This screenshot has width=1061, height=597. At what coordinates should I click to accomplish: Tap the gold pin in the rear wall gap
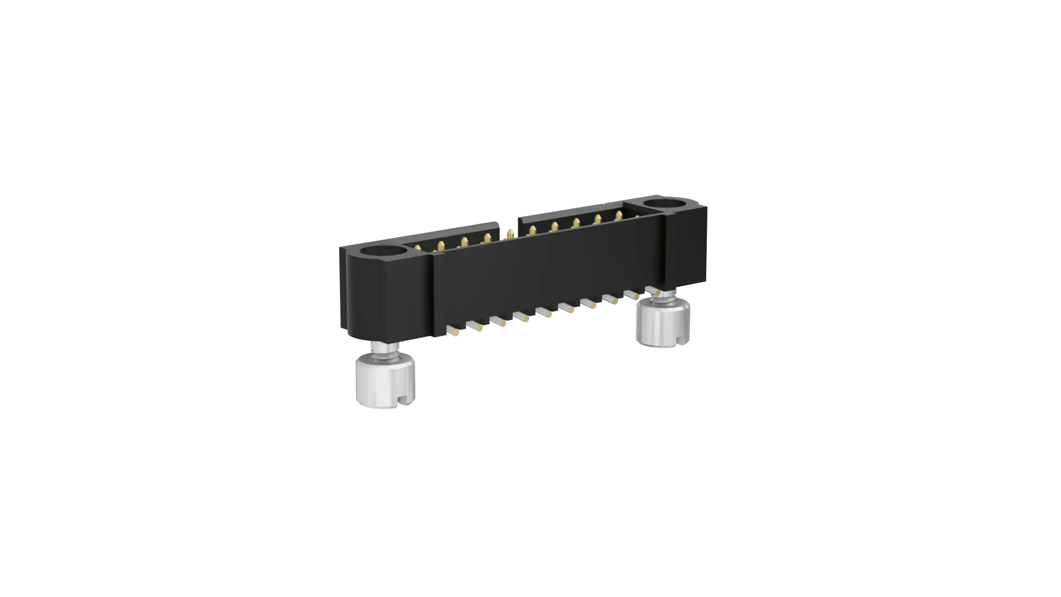pos(510,234)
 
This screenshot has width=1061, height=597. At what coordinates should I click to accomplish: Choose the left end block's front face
pos(387,298)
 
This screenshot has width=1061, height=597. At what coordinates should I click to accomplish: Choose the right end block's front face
pos(686,249)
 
